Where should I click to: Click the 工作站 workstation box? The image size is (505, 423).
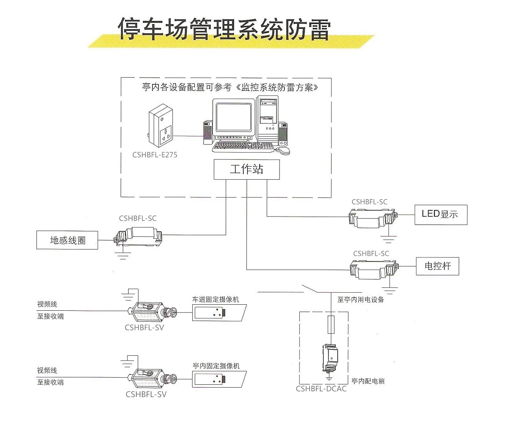coord(246,169)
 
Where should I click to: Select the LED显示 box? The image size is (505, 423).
coord(441,214)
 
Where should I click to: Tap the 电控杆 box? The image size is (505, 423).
coord(437,266)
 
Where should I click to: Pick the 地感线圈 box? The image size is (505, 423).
coord(67,240)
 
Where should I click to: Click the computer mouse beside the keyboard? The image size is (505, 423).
coord(283,151)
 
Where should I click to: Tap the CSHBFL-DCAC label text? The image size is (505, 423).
coord(321,389)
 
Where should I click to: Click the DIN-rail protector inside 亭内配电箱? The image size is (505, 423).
coord(330,357)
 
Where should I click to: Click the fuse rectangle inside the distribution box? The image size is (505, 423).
coord(331,324)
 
